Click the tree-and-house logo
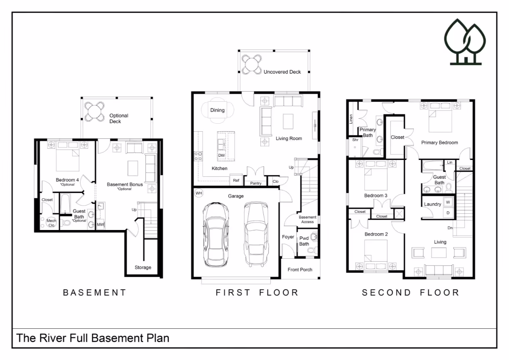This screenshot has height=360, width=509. (465, 42)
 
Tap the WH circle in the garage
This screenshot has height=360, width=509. (199, 193)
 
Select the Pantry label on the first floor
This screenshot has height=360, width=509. (256, 183)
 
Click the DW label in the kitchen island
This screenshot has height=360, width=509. (221, 155)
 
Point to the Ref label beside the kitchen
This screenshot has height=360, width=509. (236, 180)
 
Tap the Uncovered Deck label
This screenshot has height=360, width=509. (282, 72)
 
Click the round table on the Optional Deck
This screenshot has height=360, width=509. (94, 112)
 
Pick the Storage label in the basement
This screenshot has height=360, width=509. (143, 267)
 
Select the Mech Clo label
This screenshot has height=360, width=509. (51, 223)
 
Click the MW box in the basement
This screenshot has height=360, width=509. (100, 224)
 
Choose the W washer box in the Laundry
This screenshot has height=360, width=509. (448, 202)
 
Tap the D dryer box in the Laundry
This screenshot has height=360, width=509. (448, 213)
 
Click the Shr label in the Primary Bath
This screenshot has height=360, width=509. (355, 140)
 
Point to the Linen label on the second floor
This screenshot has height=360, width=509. (351, 119)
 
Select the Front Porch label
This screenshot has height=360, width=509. (300, 270)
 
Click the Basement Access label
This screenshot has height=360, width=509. (307, 219)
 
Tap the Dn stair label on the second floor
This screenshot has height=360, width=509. (450, 228)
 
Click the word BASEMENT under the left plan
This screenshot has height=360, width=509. (94, 292)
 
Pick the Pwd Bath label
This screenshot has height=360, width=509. (304, 241)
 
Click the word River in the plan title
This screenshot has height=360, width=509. (53, 338)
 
